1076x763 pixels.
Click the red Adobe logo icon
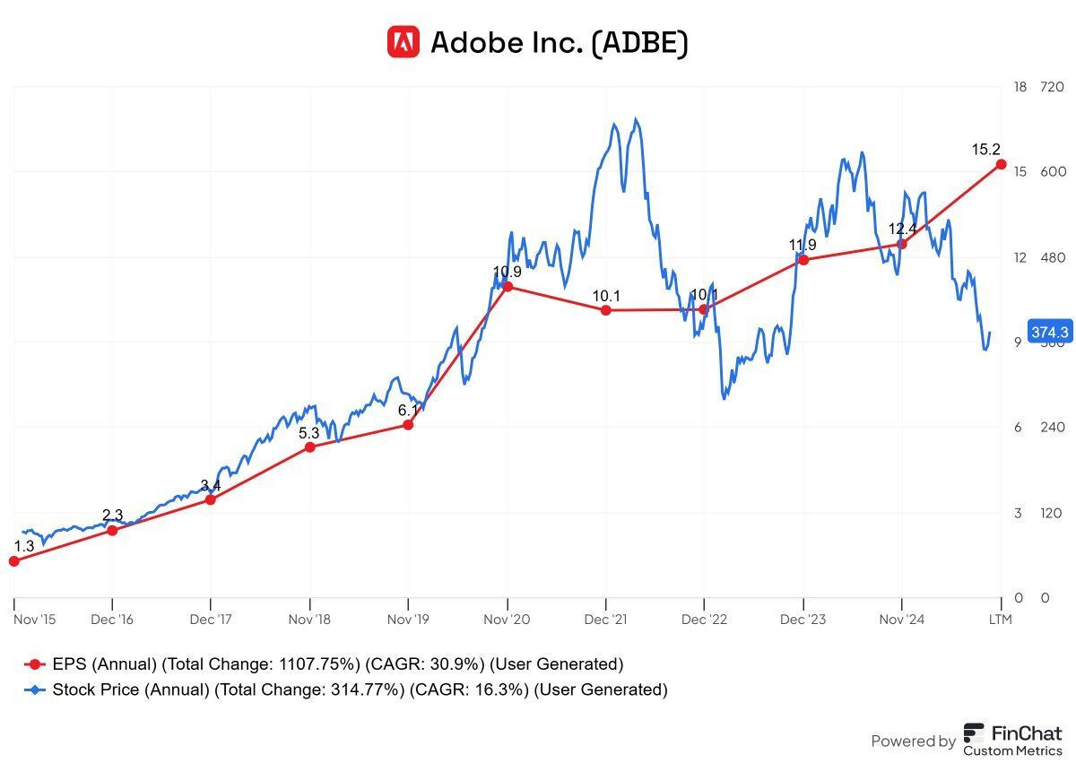(403, 41)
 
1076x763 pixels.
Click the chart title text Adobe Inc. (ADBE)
(560, 42)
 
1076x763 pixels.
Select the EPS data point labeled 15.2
(1001, 164)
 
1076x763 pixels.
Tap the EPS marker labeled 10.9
(508, 287)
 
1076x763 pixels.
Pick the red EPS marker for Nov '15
(13, 561)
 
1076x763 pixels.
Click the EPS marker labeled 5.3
(309, 447)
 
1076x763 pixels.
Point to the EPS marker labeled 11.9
(803, 259)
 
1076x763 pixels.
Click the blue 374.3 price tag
(1049, 332)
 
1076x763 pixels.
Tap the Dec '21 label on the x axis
(606, 620)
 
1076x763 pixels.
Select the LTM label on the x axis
(1000, 620)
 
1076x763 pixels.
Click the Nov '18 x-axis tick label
(309, 620)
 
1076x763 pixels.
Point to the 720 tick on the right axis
(1051, 87)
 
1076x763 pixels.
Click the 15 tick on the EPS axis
(1020, 172)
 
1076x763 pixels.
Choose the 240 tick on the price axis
(1051, 428)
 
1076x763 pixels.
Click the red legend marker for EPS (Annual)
(35, 664)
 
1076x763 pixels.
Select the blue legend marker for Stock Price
(35, 689)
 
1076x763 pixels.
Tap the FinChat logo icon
(975, 739)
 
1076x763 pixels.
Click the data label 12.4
(901, 229)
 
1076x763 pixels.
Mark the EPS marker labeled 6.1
(409, 424)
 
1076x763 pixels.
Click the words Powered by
(913, 741)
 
